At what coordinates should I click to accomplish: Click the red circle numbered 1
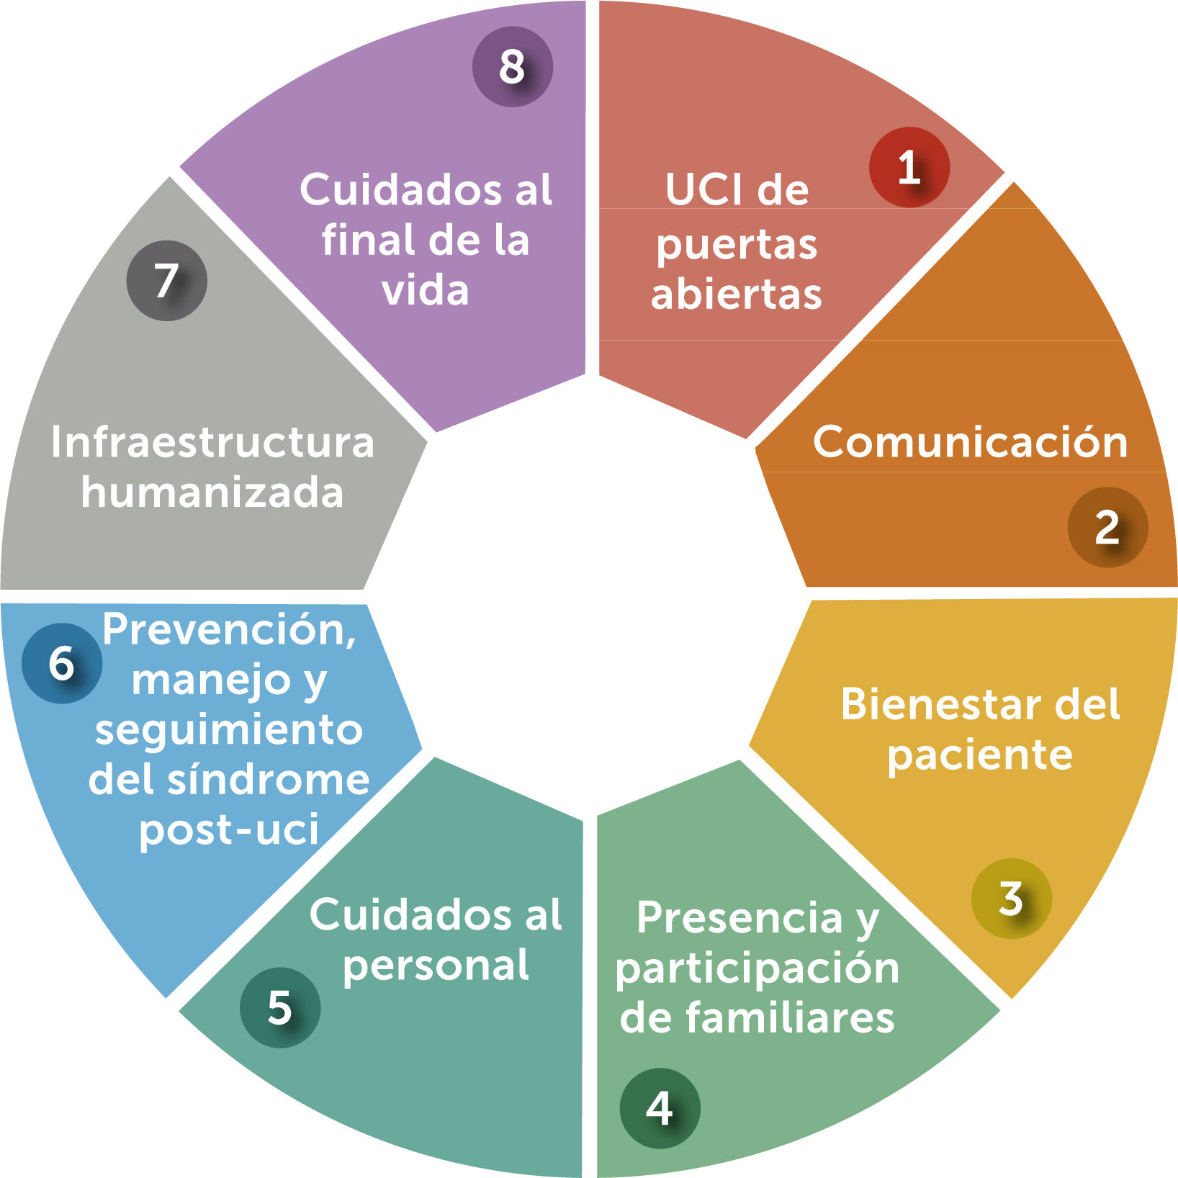click(x=909, y=167)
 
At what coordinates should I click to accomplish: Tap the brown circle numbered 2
click(x=1107, y=527)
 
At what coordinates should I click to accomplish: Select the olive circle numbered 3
click(x=1011, y=898)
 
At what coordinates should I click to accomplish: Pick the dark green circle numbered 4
click(x=660, y=1108)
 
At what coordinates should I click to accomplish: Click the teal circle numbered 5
click(x=279, y=1007)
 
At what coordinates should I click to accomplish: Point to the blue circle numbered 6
click(x=62, y=662)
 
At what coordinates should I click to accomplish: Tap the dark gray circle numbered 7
click(x=166, y=280)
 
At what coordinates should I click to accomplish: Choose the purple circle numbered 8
click(x=512, y=67)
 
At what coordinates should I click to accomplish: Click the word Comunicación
click(x=970, y=441)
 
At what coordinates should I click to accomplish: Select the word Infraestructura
click(x=212, y=441)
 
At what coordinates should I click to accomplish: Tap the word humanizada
click(x=212, y=493)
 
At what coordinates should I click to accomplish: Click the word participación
click(x=757, y=969)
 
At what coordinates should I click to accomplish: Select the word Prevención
click(x=229, y=630)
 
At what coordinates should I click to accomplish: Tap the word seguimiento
click(x=229, y=731)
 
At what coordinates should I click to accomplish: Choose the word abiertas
click(x=736, y=294)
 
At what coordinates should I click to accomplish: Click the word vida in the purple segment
click(x=425, y=290)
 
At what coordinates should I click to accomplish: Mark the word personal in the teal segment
click(x=436, y=966)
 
